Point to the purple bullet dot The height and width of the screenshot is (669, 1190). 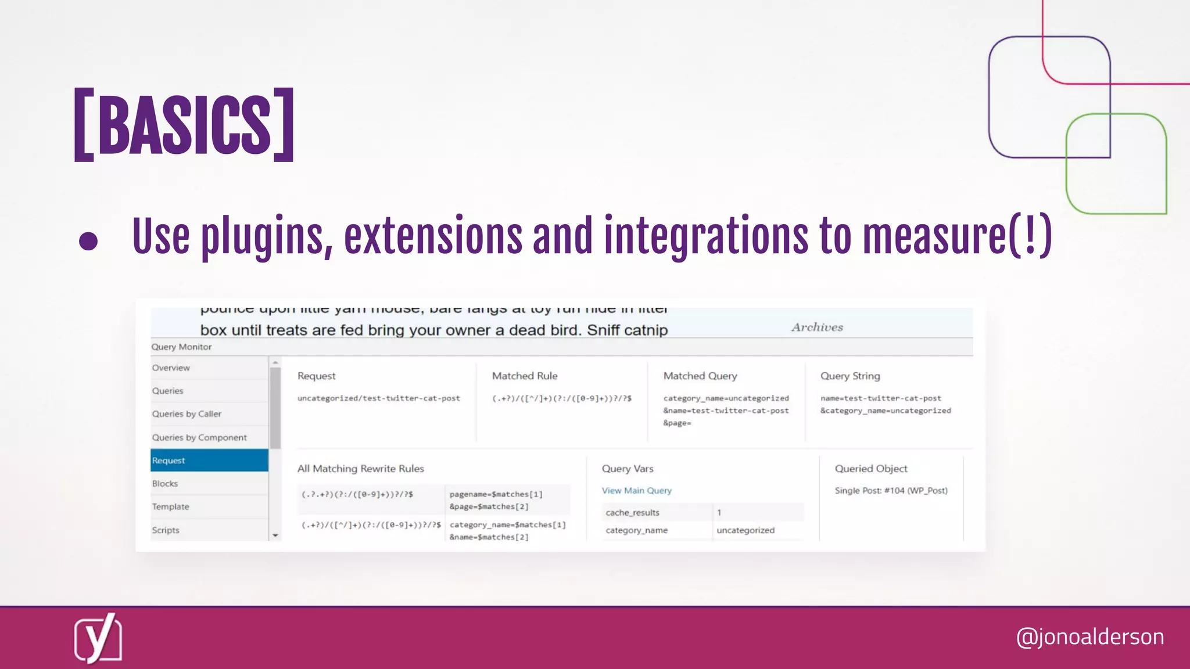pos(88,241)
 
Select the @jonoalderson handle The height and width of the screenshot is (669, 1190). pos(1089,636)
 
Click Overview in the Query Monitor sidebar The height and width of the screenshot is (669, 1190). pos(171,368)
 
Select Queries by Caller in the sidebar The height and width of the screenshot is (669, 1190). pos(187,414)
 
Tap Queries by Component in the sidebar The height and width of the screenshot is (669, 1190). pos(199,437)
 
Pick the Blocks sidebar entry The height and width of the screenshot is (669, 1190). pos(165,484)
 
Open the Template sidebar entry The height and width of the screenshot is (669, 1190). pos(171,507)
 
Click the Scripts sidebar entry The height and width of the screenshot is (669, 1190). pos(166,530)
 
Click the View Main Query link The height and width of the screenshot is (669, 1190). pos(636,491)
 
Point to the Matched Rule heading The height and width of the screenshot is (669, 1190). pos(525,376)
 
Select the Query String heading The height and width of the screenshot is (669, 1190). pos(850,376)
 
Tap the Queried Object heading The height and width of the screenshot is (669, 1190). pos(871,469)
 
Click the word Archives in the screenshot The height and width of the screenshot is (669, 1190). pos(817,328)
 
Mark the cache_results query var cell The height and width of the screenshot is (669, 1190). pos(632,513)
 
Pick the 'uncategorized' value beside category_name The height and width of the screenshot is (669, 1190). pos(745,530)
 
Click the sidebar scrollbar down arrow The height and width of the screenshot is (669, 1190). pos(275,535)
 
